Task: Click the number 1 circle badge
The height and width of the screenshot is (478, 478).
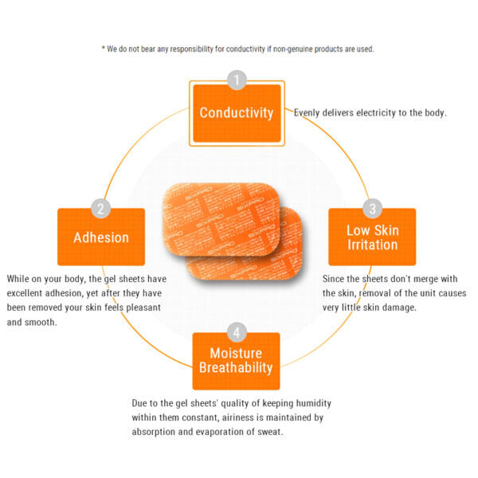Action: pos(237,80)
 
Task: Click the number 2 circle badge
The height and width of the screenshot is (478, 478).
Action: pos(101,210)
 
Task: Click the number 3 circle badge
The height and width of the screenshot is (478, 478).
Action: pos(372,210)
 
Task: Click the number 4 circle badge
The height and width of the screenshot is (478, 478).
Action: pos(237,331)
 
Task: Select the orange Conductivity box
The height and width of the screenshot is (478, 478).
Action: pos(237,113)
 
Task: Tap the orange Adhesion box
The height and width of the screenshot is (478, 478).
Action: pos(101,237)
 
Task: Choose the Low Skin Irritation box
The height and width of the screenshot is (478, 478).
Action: pos(372,237)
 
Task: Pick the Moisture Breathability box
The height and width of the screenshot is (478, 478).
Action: pos(237,361)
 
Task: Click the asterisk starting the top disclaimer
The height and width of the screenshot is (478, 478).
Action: pos(104,49)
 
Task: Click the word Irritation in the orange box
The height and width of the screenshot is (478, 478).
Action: pos(372,245)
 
